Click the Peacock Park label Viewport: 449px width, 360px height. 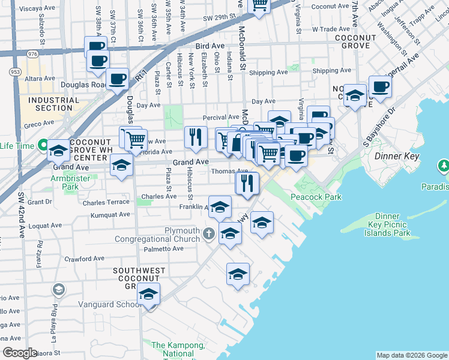click(316, 197)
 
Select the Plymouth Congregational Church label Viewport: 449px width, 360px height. click(165, 235)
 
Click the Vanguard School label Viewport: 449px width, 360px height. click(108, 304)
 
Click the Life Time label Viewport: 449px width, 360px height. click(17, 146)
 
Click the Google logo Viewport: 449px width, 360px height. click(20, 352)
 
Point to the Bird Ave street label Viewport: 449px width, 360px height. click(209, 46)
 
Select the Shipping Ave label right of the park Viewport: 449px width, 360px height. click(331, 70)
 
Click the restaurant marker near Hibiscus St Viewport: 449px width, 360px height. click(196, 137)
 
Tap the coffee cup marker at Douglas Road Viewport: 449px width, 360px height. click(117, 78)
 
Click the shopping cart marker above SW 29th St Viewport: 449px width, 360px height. click(259, 5)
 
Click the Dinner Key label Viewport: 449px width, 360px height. click(391, 156)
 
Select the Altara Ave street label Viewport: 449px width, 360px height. click(40, 79)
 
